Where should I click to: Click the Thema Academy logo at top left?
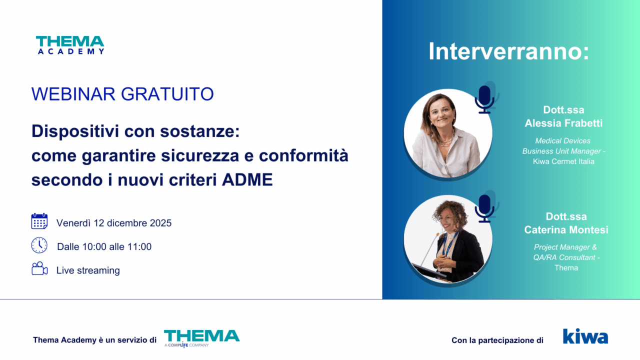tap(70, 45)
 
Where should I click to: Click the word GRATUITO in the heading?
tap(167, 94)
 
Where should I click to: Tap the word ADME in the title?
tap(247, 179)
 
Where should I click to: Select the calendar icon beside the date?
tap(39, 221)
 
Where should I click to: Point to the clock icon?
tap(39, 245)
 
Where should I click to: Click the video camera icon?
tap(39, 268)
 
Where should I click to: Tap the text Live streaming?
tap(88, 270)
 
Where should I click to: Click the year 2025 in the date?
tap(161, 223)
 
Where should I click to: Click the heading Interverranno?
tap(509, 51)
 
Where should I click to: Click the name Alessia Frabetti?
tap(563, 123)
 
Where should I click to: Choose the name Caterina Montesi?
tap(566, 229)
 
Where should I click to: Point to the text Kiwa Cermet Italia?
tap(563, 161)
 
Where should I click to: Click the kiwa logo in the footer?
tap(585, 336)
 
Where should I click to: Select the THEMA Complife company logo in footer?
tap(201, 338)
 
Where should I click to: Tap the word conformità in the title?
tap(303, 155)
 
